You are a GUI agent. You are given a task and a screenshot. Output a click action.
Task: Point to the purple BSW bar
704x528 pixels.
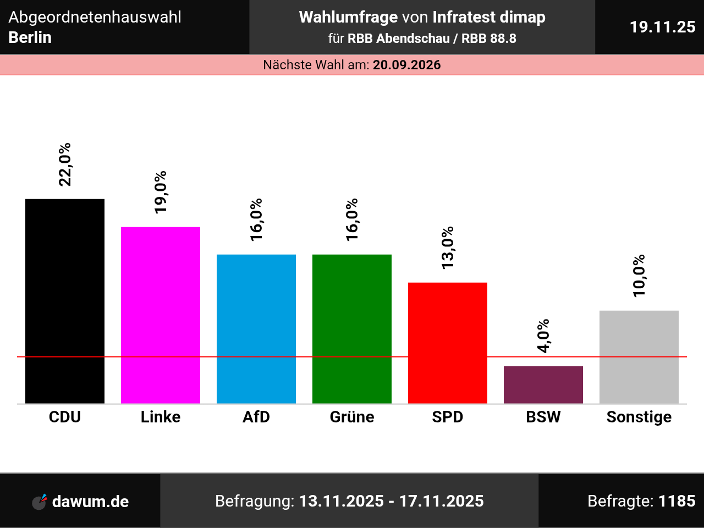point(543,384)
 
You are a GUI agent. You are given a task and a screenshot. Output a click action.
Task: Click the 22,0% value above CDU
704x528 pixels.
point(65,164)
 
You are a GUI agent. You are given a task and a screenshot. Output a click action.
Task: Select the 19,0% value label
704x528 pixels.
point(161,192)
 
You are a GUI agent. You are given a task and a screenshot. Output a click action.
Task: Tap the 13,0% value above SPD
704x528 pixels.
point(448,248)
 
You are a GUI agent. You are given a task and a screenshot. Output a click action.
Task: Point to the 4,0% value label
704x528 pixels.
point(543,335)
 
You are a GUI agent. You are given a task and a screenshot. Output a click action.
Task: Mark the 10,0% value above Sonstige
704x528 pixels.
point(639,276)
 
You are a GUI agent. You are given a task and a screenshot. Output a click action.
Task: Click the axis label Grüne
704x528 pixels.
point(352,417)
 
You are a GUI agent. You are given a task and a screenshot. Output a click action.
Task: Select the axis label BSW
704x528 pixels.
point(543,417)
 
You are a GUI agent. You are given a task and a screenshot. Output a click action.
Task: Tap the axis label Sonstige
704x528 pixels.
point(639,417)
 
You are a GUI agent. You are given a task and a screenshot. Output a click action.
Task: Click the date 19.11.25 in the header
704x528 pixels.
point(662,27)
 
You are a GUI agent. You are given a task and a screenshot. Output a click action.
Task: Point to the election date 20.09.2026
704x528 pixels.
point(407,65)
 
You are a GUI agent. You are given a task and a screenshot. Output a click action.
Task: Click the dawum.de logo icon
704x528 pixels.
point(40,501)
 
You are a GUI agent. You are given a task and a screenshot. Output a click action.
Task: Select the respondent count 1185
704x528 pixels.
point(677,501)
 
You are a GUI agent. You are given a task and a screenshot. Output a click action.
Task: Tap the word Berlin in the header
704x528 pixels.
point(30,37)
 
